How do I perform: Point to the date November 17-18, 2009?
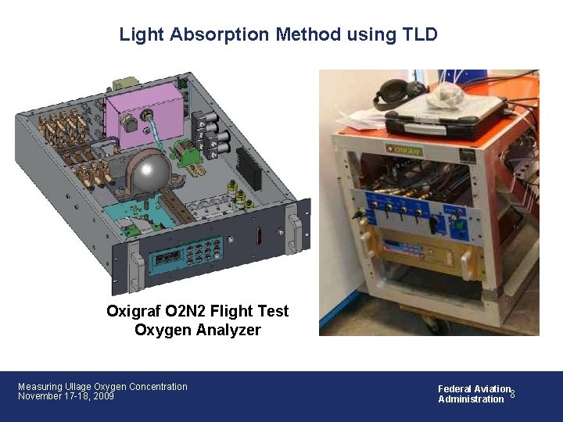click(x=66, y=396)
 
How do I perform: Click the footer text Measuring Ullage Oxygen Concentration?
click(x=102, y=386)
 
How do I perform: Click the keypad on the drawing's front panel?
click(x=201, y=253)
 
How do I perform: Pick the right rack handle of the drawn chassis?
click(x=294, y=231)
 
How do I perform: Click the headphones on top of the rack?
click(x=391, y=91)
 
